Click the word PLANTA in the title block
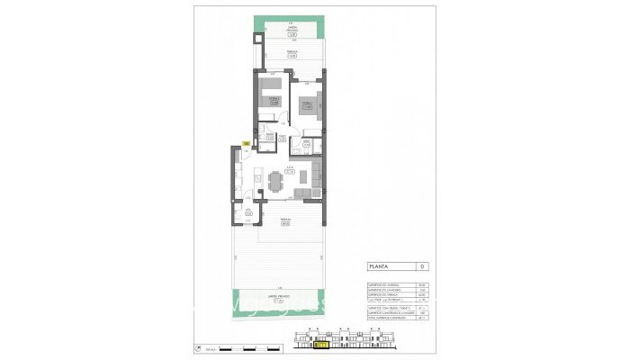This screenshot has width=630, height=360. tap(380, 267)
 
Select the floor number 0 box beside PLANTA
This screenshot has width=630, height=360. tap(422, 267)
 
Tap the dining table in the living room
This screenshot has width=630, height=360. tap(274, 182)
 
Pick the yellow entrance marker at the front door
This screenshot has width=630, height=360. tap(246, 142)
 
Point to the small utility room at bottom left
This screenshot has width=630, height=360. tap(248, 213)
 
